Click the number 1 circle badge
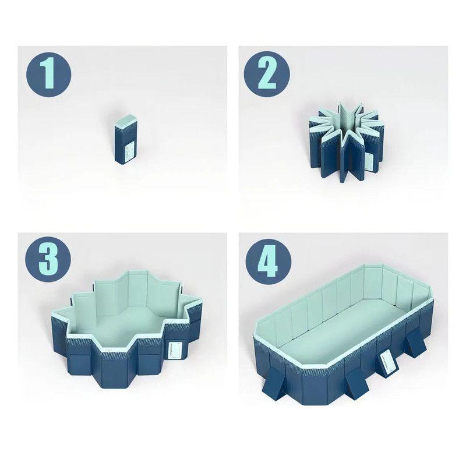(48, 74)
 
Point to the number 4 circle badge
(267, 259)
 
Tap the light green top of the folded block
(125, 122)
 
